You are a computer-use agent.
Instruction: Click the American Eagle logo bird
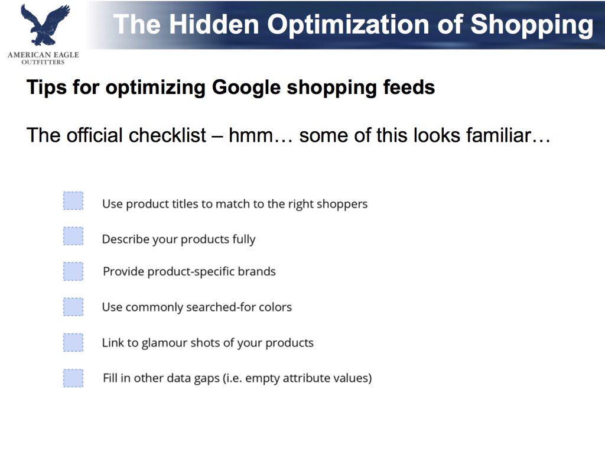pyautogui.click(x=44, y=25)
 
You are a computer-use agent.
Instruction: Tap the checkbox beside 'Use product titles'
pyautogui.click(x=73, y=201)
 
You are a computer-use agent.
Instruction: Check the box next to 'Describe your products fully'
pyautogui.click(x=73, y=236)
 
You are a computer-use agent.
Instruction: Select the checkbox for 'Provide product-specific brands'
pyautogui.click(x=73, y=271)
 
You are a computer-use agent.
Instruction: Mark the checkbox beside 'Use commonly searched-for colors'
pyautogui.click(x=73, y=307)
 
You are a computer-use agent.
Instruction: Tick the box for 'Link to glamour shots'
pyautogui.click(x=73, y=342)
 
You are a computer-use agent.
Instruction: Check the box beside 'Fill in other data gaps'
pyautogui.click(x=73, y=378)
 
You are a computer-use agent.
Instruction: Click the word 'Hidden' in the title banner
pyautogui.click(x=214, y=24)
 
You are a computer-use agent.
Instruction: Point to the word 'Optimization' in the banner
pyautogui.click(x=348, y=25)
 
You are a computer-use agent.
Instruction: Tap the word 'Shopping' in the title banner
pyautogui.click(x=532, y=25)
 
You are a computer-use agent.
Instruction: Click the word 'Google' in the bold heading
pyautogui.click(x=246, y=87)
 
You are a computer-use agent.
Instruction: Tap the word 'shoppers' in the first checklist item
pyautogui.click(x=342, y=204)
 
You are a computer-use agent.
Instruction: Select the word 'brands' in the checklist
pyautogui.click(x=256, y=271)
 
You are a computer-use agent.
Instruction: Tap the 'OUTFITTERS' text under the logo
pyautogui.click(x=43, y=62)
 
